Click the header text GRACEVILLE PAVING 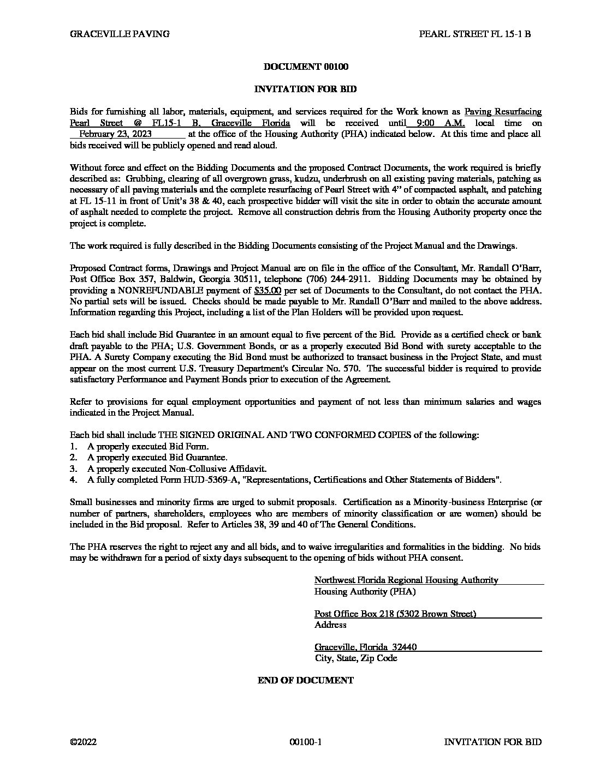coord(120,34)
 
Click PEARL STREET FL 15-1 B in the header coord(474,34)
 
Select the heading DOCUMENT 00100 coord(306,67)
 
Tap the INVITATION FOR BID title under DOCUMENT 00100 coord(306,89)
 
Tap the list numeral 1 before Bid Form coord(73,446)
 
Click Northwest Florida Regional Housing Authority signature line coord(406,580)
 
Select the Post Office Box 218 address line coord(395,614)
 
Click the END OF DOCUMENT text coord(306,680)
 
